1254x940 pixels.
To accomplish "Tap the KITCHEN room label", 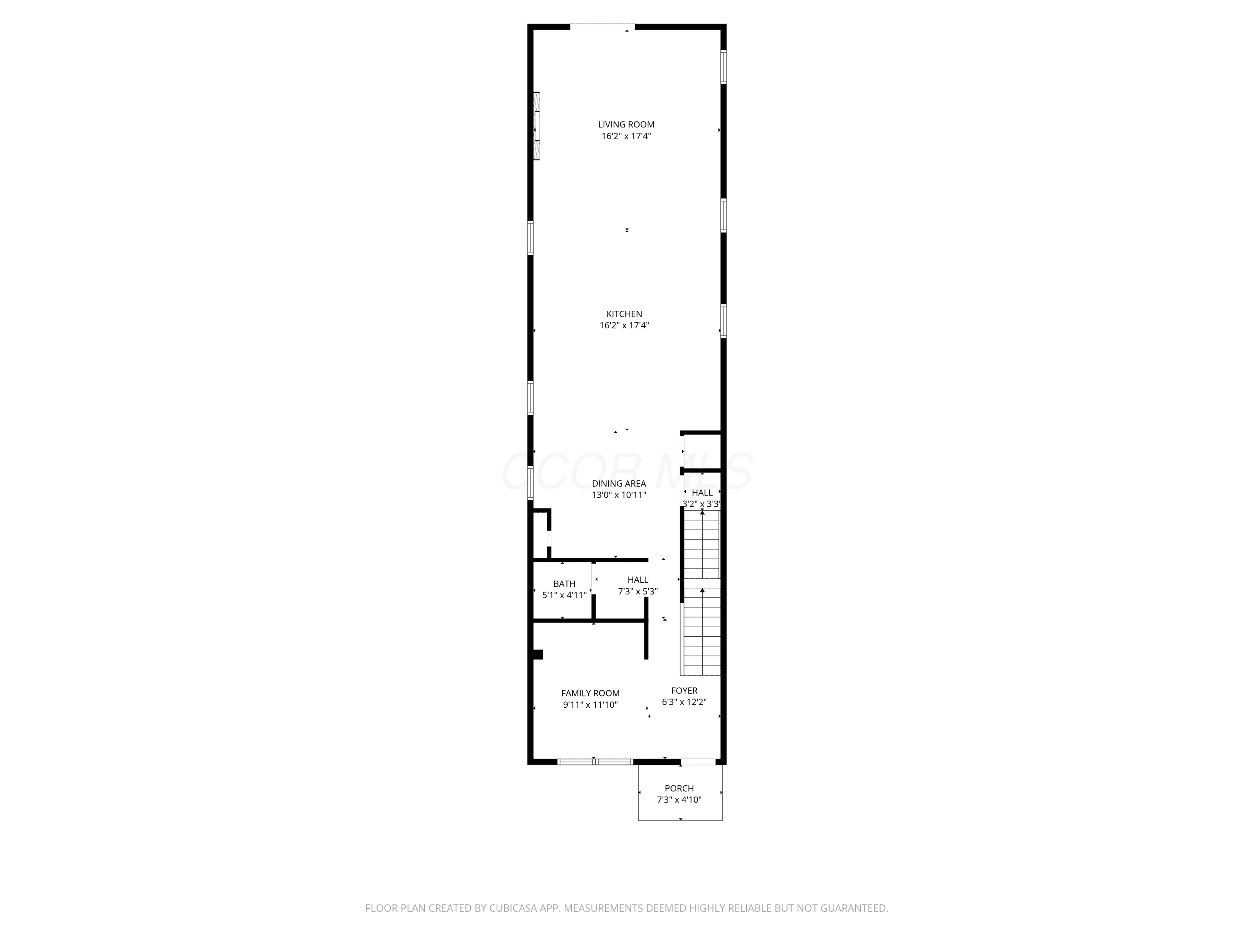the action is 624,314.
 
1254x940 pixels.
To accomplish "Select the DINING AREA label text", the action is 619,483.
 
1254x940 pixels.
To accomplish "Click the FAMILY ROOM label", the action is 590,693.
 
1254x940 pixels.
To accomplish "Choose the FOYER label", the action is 684,691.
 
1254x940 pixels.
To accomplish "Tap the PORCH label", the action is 679,788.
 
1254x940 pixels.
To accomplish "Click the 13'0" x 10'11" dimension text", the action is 619,495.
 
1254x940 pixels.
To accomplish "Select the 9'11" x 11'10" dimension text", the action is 590,705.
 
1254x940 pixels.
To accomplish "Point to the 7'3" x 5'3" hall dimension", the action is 638,592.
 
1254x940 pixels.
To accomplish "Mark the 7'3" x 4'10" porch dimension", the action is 679,800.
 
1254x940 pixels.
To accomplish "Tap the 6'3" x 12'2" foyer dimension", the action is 684,702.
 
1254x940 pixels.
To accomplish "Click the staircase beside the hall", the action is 702,592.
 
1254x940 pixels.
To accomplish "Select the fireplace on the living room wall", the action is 536,126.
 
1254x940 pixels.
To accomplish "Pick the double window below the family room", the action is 595,762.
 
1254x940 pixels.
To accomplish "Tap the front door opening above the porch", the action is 698,762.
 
